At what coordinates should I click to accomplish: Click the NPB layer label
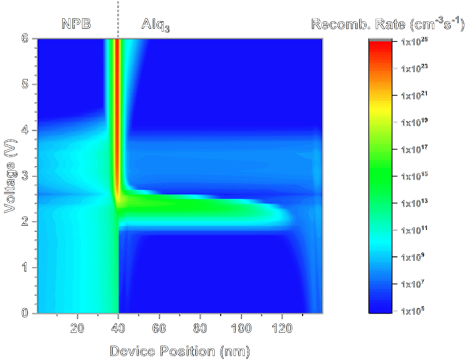point(76,23)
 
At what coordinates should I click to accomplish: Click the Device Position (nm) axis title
point(180,351)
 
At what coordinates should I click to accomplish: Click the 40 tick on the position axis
point(118,328)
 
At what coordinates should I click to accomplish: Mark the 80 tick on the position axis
point(200,328)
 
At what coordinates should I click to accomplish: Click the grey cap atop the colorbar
point(380,39)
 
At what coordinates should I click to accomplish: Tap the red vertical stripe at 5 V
point(117,84)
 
